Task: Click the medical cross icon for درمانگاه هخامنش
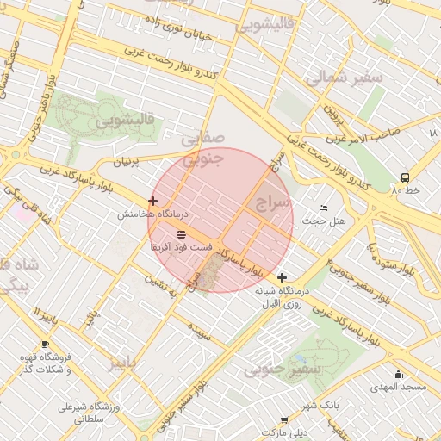(x=152, y=201)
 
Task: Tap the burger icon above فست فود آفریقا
(x=181, y=234)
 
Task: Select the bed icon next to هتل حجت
(x=323, y=208)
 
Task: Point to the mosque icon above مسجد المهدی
(x=398, y=374)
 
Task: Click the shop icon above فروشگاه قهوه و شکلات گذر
(x=45, y=344)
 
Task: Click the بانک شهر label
(x=320, y=404)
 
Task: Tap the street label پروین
(x=332, y=112)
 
